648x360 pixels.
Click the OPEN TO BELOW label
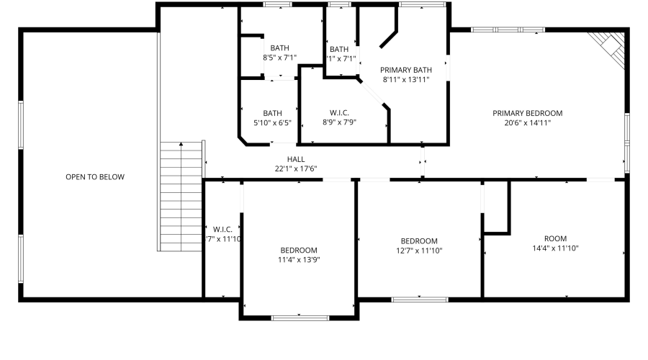(x=95, y=176)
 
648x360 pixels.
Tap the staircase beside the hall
(x=181, y=196)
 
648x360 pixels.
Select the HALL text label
(x=296, y=159)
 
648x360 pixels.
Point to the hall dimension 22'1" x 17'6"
(x=296, y=168)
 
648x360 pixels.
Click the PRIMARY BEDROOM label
(x=527, y=113)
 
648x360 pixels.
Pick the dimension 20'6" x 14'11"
(x=527, y=123)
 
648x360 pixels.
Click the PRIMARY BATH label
(x=406, y=70)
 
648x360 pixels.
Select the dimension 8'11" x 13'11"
(x=406, y=80)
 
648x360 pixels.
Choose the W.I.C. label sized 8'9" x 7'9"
(x=340, y=113)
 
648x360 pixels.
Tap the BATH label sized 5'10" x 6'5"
(x=272, y=113)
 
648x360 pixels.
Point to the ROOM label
(x=555, y=238)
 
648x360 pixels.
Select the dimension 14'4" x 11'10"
(x=555, y=248)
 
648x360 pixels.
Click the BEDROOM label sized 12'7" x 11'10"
(x=419, y=240)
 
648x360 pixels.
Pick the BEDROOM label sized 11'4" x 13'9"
(x=298, y=250)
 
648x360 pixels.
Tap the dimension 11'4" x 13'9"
(x=298, y=260)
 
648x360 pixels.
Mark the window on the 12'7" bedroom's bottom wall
(x=419, y=297)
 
